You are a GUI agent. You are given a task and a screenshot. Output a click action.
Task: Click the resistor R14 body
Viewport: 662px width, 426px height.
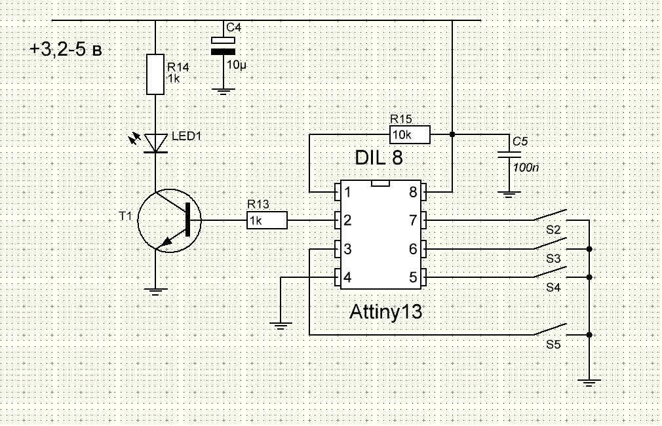(155, 75)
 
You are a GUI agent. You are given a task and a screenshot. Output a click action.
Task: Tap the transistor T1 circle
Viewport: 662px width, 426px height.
(168, 220)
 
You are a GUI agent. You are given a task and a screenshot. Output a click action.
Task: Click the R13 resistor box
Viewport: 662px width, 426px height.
(267, 221)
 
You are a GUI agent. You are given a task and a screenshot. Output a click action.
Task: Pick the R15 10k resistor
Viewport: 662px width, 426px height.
(410, 135)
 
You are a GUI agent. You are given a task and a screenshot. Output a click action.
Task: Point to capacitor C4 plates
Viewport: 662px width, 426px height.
(223, 47)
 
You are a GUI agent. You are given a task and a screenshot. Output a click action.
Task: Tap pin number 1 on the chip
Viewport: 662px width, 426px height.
(347, 193)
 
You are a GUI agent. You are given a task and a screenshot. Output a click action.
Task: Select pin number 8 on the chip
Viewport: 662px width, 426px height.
(414, 193)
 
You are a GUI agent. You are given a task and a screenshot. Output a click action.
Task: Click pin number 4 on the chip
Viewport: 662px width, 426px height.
(347, 278)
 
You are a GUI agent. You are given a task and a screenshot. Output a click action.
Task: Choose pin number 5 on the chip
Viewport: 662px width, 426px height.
(414, 278)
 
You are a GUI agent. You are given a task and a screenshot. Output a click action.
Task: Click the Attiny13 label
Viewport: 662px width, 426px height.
(385, 312)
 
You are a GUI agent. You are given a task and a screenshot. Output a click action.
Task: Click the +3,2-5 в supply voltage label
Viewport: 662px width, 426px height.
(66, 50)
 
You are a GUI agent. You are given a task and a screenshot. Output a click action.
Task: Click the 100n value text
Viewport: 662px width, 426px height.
(526, 168)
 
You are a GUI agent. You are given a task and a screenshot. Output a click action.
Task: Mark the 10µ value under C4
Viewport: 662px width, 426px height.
(236, 65)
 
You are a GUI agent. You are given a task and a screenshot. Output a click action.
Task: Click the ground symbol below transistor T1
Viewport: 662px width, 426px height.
(155, 292)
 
